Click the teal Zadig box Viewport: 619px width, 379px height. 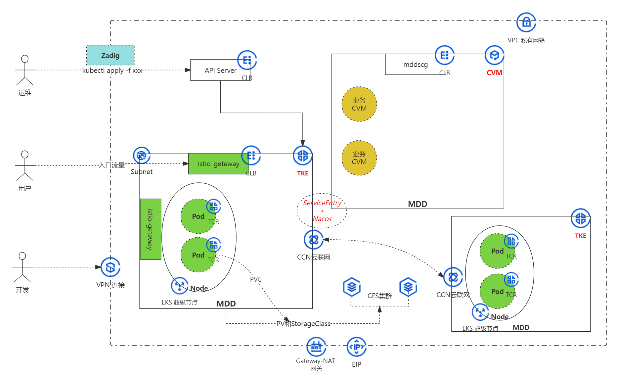110,55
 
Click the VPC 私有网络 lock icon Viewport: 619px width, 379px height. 526,23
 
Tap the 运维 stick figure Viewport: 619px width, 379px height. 25,70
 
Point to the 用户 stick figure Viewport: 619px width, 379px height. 25,166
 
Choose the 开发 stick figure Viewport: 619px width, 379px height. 22,267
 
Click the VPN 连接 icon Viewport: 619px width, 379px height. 110,267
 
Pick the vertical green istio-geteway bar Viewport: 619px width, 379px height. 151,229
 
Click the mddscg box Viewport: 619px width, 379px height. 415,65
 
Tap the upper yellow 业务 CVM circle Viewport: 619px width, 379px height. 359,104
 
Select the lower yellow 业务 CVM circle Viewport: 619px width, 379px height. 359,158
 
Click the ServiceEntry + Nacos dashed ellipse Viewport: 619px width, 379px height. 322,211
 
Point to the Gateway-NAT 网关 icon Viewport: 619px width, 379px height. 316,347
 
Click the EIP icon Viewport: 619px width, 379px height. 356,347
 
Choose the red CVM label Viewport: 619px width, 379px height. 494,73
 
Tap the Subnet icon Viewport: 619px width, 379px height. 142,156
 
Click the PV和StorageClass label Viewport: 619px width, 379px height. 303,324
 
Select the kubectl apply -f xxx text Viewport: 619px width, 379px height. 112,71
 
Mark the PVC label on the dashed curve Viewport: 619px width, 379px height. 255,279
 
